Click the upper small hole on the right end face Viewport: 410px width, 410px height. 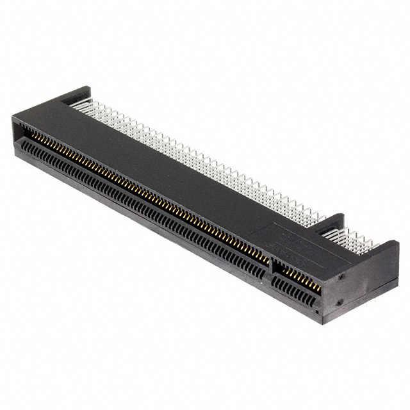click(341, 277)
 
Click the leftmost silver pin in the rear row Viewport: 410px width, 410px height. click(74, 103)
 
